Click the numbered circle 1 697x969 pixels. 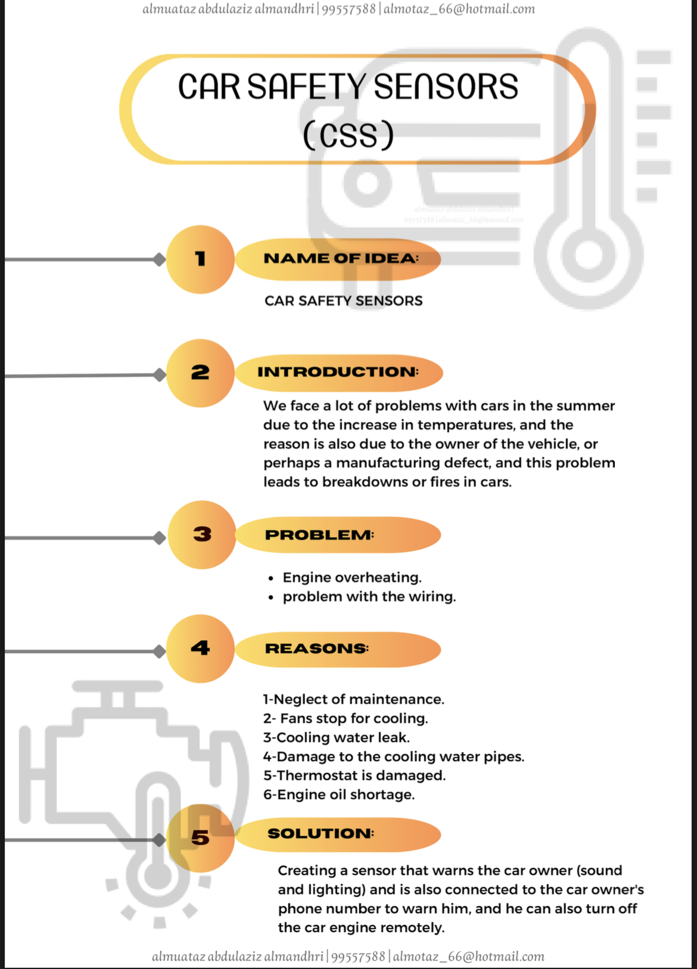tap(200, 259)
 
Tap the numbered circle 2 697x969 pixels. tap(200, 373)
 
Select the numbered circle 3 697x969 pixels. tap(202, 535)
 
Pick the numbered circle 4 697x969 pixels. tap(200, 649)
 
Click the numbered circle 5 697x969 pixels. tap(200, 838)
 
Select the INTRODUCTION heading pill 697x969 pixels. tap(339, 373)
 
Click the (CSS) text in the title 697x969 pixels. tap(348, 135)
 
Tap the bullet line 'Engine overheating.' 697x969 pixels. tap(351, 578)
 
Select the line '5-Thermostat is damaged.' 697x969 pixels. tap(354, 775)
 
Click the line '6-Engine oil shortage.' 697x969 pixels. tap(339, 794)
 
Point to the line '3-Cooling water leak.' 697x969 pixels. tap(336, 737)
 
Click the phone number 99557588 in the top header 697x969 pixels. tap(348, 9)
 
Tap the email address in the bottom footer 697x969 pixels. tap(469, 956)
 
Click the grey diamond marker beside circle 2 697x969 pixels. tap(160, 375)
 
